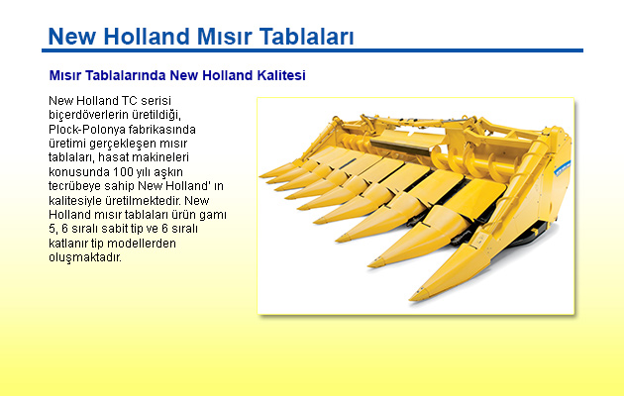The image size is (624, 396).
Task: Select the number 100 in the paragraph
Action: coord(122,172)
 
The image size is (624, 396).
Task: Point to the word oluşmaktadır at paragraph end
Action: coord(85,257)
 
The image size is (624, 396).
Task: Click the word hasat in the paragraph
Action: coord(113,157)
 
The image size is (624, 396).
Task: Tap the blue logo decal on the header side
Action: coord(563,167)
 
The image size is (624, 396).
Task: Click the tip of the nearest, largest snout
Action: coord(412,297)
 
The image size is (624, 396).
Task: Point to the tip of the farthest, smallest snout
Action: coord(261,175)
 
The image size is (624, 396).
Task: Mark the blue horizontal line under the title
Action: coord(312,50)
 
